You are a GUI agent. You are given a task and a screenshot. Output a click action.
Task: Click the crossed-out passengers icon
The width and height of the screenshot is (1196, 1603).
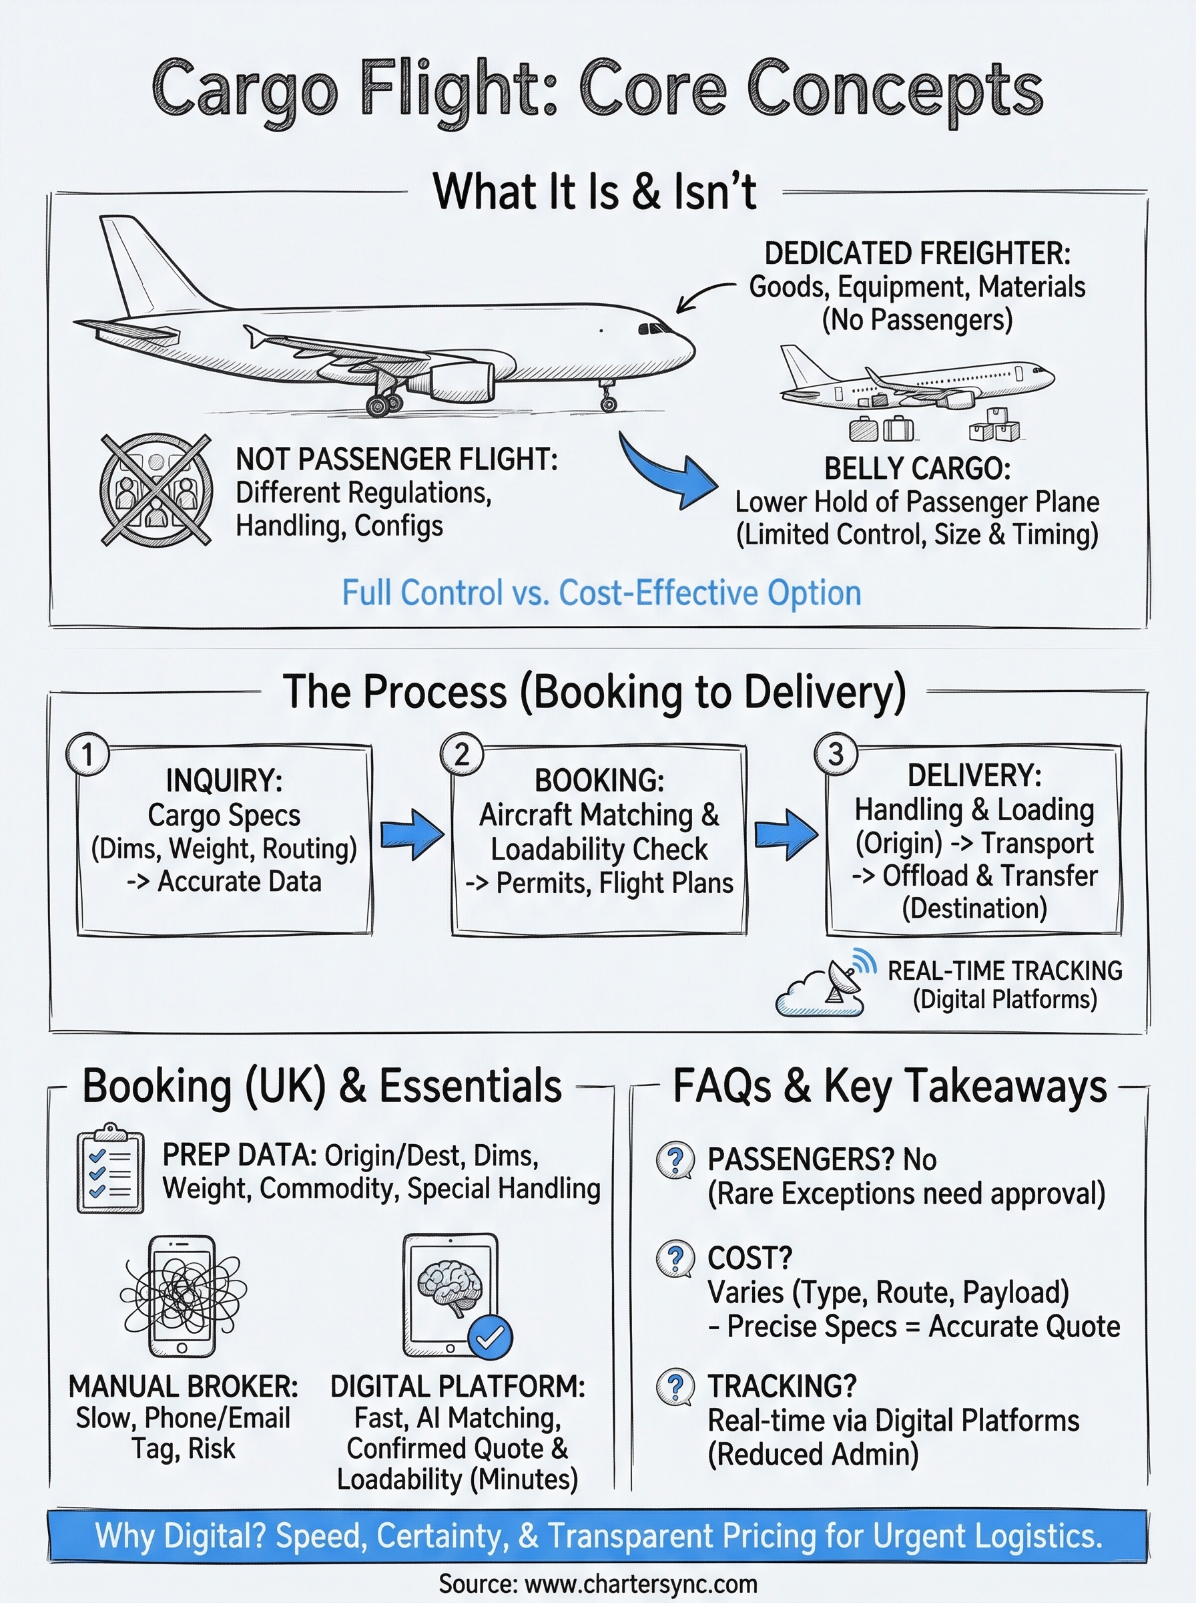point(156,490)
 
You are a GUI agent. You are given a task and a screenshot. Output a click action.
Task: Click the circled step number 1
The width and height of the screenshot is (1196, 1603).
point(87,754)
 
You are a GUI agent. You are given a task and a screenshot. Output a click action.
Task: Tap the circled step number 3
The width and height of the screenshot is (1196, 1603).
point(836,754)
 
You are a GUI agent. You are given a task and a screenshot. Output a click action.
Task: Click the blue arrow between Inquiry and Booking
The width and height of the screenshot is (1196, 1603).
point(412,834)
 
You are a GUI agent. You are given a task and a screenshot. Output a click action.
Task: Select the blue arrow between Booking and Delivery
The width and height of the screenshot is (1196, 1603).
point(786,834)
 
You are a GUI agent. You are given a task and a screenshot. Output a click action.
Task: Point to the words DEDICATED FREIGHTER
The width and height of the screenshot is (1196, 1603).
point(916,254)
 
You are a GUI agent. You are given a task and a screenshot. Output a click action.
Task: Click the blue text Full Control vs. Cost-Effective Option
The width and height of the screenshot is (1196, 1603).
point(601,592)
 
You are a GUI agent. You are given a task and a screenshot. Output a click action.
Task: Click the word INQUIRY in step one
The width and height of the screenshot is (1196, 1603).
point(224,781)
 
